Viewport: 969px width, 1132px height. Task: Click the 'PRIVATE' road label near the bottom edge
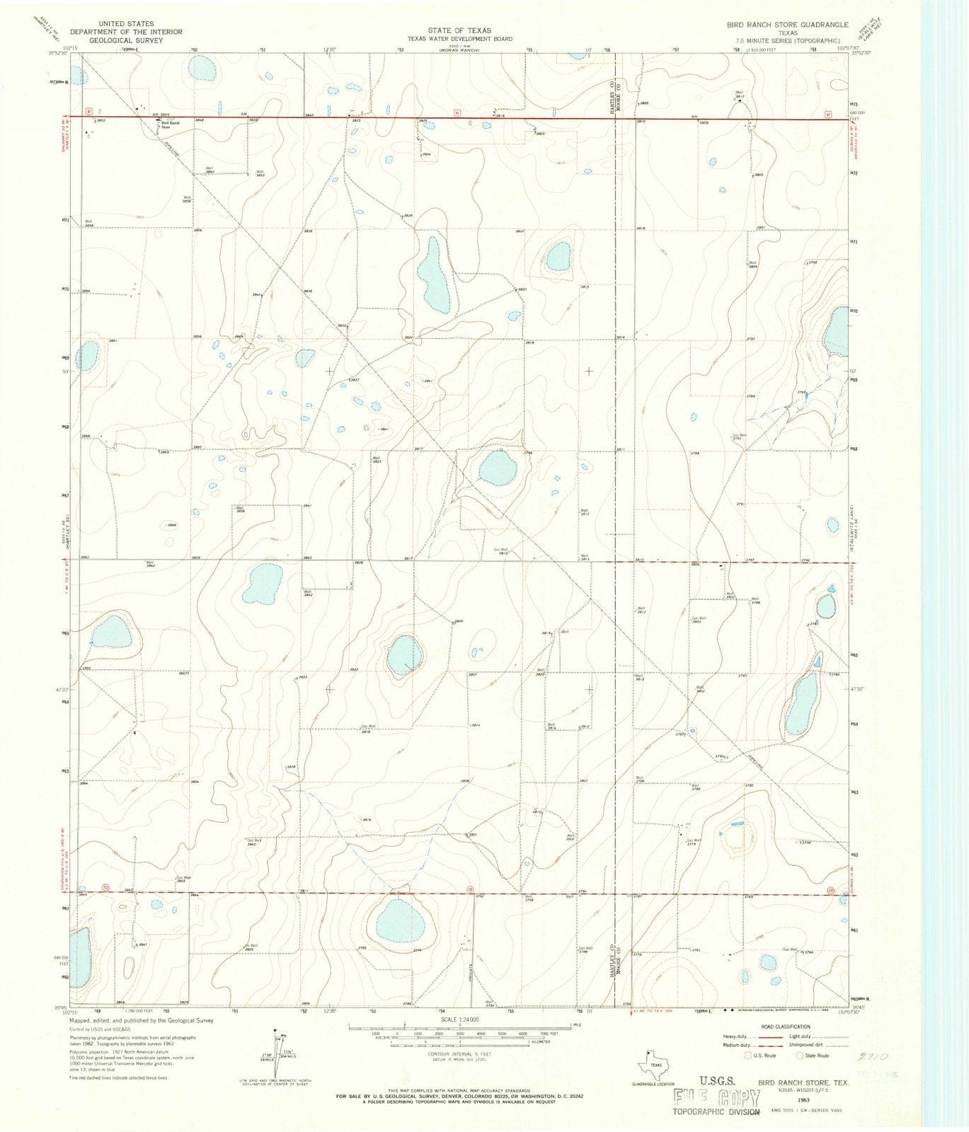tap(469, 970)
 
